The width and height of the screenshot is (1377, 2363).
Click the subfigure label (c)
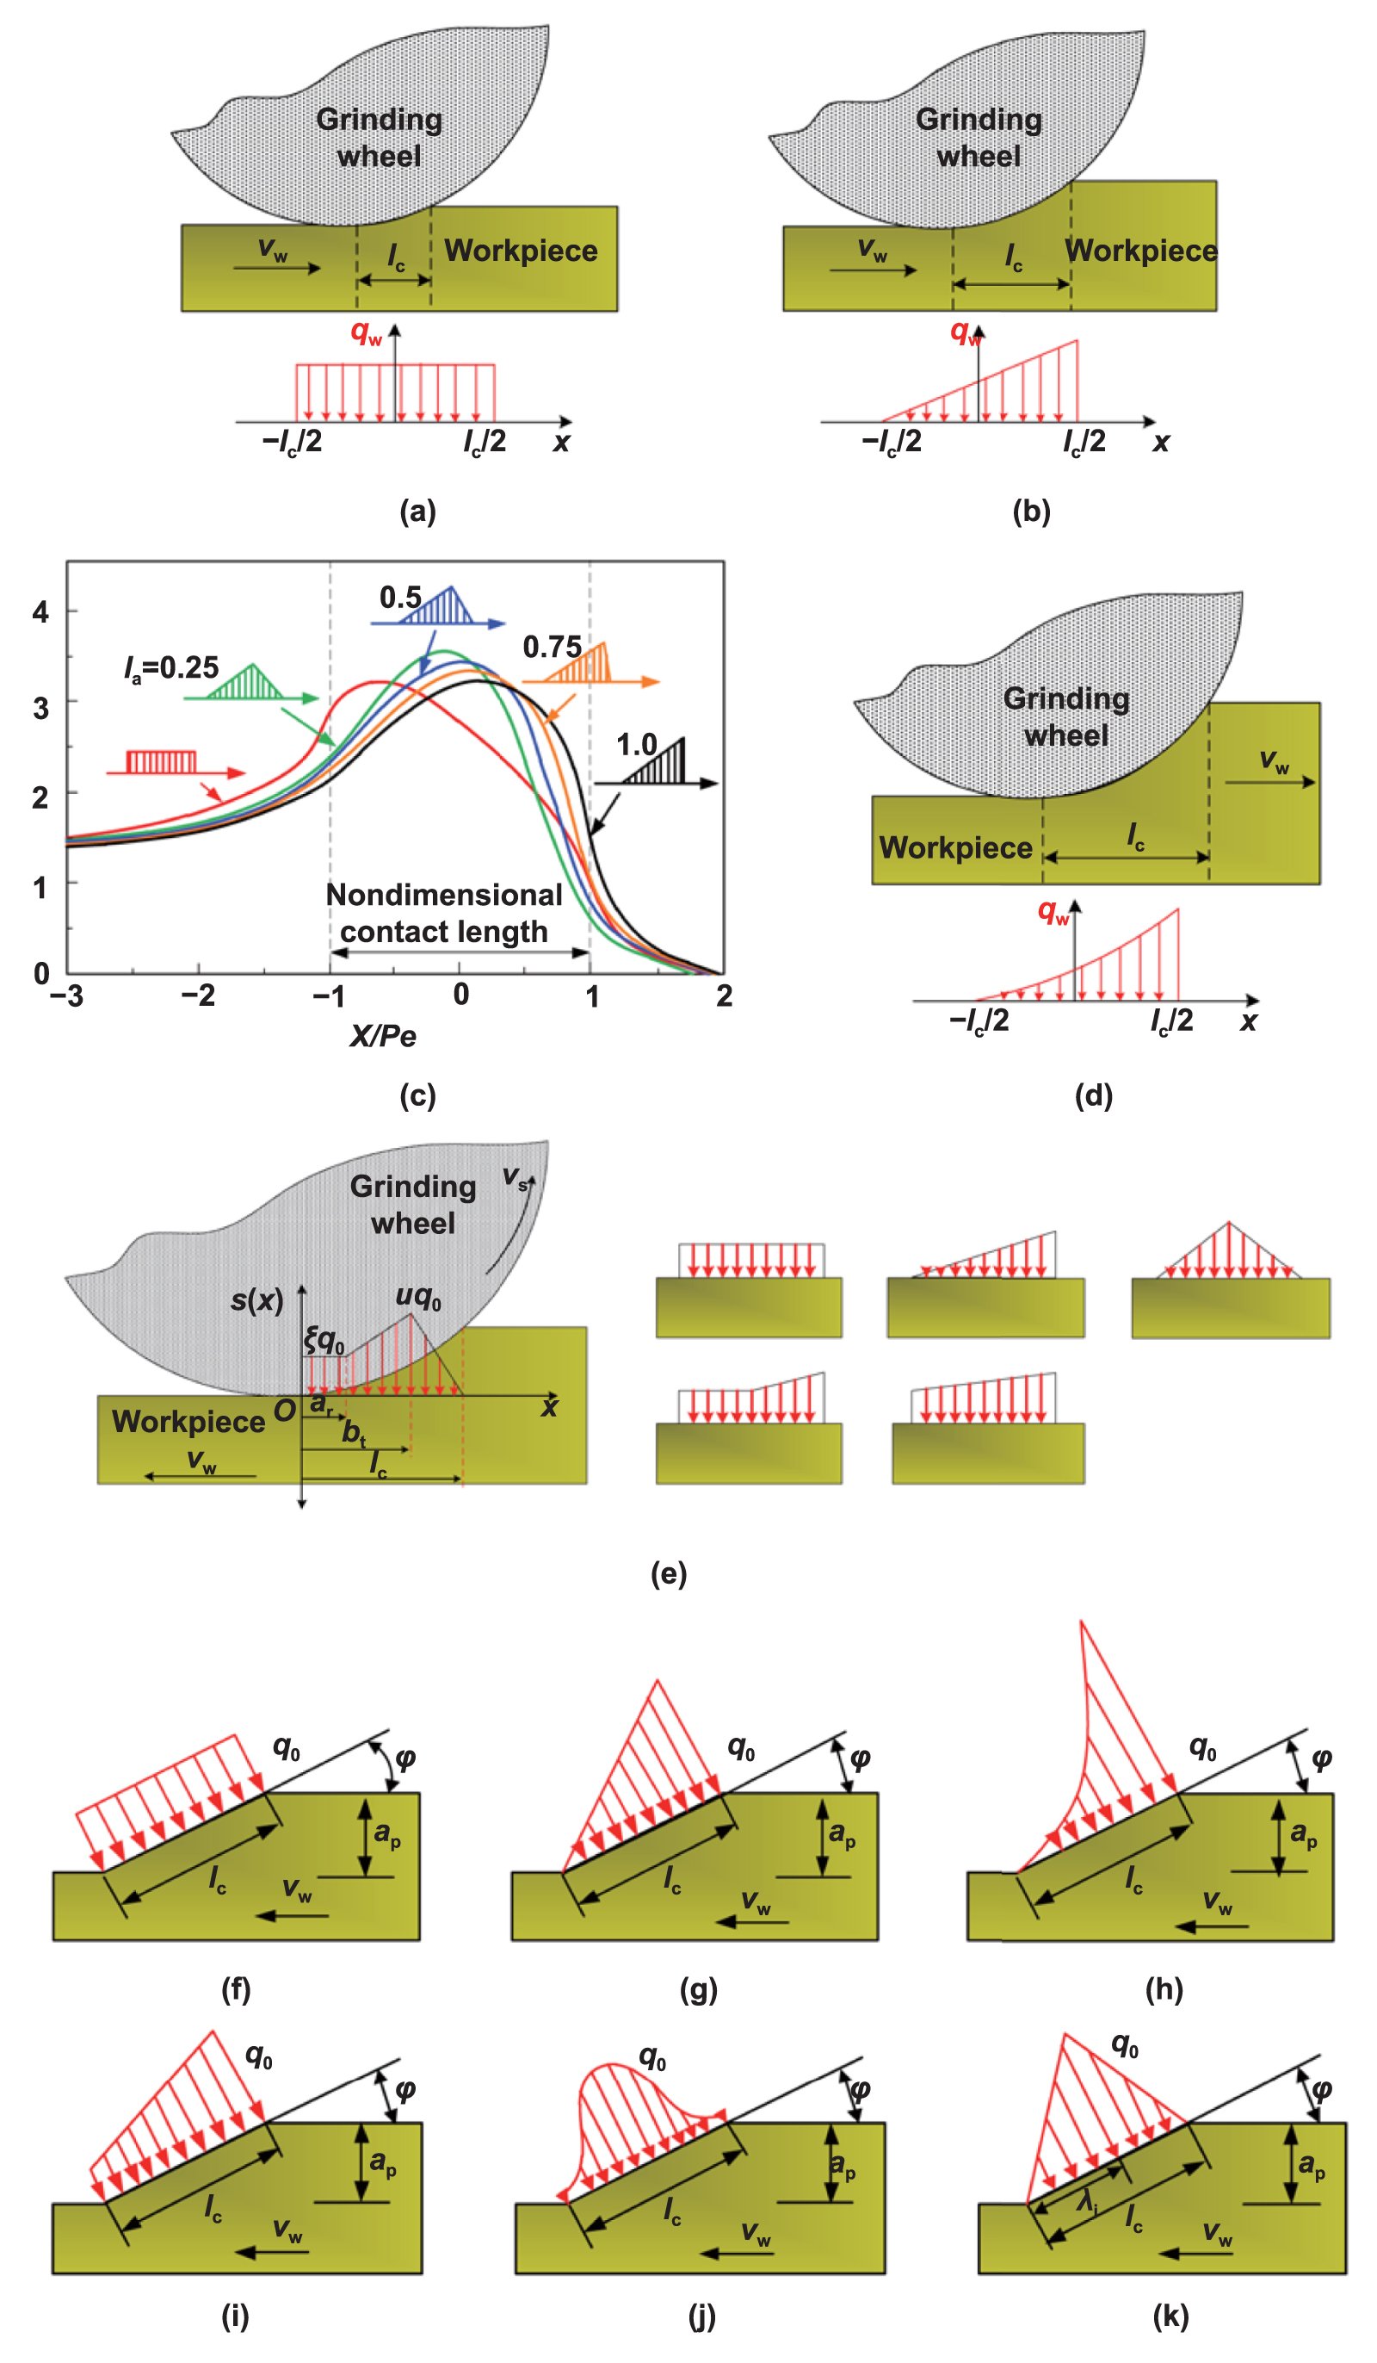417,1095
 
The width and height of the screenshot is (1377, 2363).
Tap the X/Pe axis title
382,1036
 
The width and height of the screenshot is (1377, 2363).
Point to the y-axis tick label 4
40,612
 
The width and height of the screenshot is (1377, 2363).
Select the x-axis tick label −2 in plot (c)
198,995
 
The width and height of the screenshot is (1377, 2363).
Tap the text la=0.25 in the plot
171,667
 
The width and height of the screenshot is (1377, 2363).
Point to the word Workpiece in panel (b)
1139,251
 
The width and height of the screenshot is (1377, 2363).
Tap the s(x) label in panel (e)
256,1299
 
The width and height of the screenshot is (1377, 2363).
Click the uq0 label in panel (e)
418,1296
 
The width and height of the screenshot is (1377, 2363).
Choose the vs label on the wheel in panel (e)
515,1177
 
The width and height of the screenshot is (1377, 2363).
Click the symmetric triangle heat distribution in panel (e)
1228,1254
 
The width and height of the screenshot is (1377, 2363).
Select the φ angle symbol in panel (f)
405,1758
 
